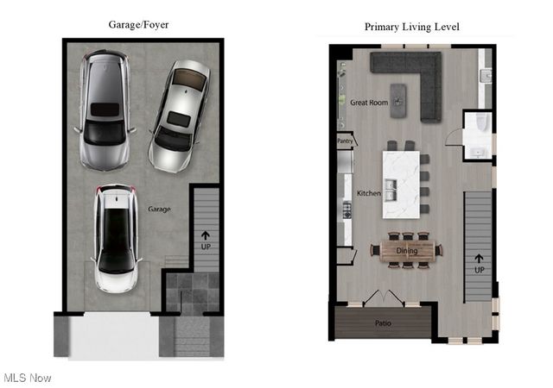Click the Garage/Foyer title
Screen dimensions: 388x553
point(139,25)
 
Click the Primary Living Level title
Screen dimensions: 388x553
point(411,27)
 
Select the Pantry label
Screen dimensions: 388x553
point(346,140)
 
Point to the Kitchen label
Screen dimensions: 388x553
point(369,193)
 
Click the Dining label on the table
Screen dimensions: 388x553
point(407,251)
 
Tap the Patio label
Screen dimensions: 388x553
point(383,323)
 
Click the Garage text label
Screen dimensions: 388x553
point(158,209)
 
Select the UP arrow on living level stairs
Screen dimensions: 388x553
point(479,262)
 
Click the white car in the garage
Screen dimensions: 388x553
point(116,240)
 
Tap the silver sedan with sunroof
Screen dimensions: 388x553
point(180,114)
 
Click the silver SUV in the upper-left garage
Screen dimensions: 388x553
point(105,110)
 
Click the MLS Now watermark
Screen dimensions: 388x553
point(28,378)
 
